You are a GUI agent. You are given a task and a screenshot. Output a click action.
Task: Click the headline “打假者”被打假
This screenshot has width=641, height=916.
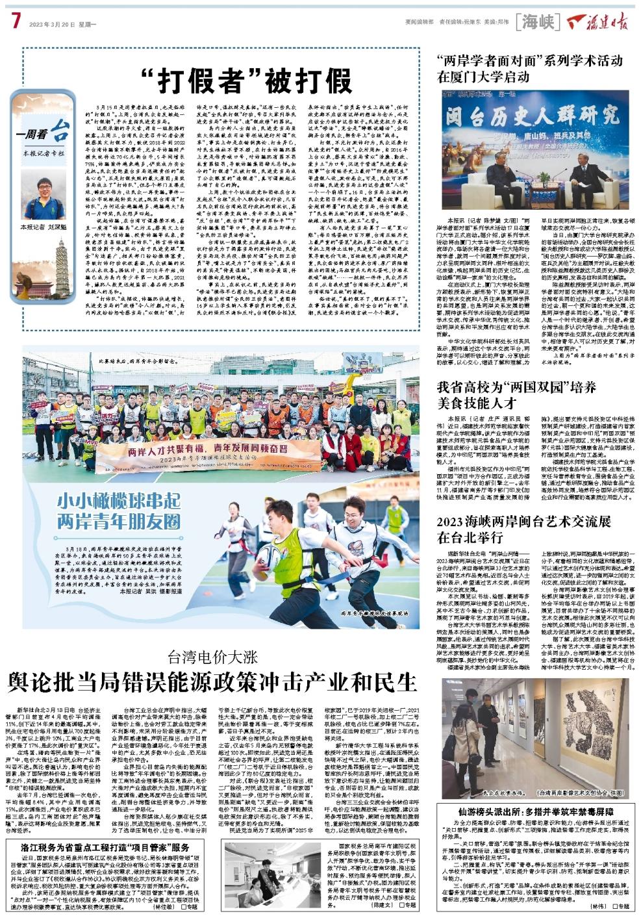tap(247, 79)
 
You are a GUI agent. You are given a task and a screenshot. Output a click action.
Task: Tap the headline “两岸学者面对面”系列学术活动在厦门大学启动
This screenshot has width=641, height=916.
tap(529, 68)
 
